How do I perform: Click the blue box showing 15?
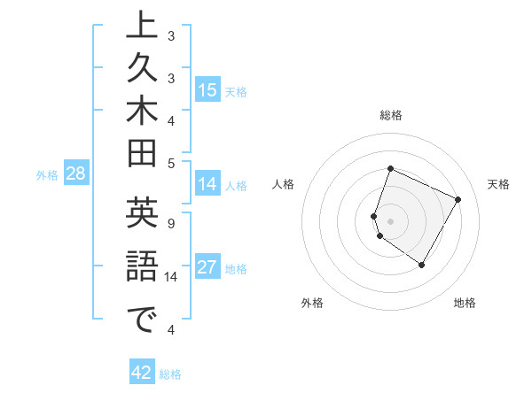pos(207,90)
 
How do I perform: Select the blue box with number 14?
pos(207,184)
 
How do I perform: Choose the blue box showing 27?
pos(207,267)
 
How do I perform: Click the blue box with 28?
pos(76,173)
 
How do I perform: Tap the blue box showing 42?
pos(142,374)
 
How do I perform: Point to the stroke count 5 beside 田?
pos(171,162)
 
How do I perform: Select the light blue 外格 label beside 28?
pos(47,175)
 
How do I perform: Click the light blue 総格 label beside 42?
pos(170,374)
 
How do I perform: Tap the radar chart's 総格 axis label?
pos(391,115)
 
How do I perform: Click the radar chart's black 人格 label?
pos(283,184)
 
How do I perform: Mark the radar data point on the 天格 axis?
pos(458,200)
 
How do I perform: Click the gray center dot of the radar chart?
pos(391,220)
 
